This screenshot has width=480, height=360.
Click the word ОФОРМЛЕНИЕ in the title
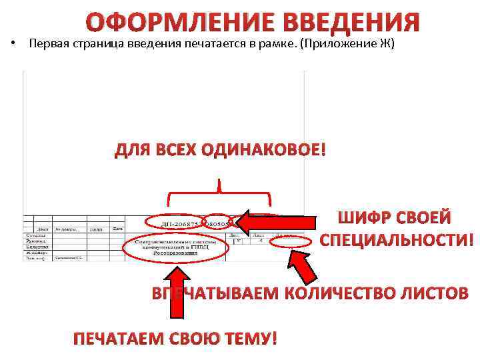(x=179, y=23)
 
